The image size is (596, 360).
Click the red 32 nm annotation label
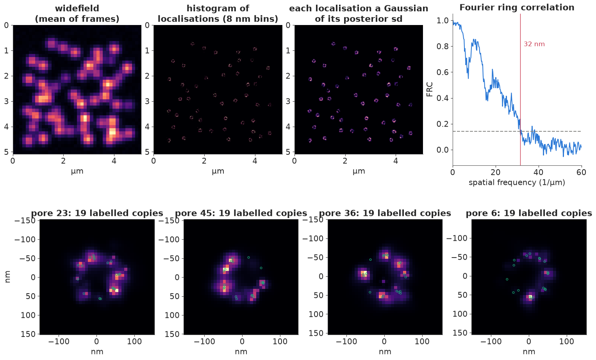click(534, 44)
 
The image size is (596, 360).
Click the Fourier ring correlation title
click(517, 7)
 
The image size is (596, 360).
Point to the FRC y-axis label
click(430, 89)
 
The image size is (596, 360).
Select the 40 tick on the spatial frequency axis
click(539, 172)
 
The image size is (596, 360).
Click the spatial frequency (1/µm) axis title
click(517, 183)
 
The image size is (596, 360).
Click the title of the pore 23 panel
click(97, 213)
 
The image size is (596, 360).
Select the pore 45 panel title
click(241, 213)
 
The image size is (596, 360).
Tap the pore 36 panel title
click(385, 213)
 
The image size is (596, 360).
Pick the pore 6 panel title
click(529, 213)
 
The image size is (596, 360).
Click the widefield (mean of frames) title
click(77, 14)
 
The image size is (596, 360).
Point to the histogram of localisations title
click(218, 14)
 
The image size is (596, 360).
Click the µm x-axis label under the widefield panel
click(77, 171)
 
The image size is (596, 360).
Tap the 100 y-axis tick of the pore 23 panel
click(30, 315)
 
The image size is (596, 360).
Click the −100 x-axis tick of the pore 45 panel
click(204, 342)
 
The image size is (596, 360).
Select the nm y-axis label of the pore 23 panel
click(8, 277)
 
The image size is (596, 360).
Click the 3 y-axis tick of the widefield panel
click(6, 102)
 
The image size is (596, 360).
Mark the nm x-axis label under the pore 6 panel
click(529, 352)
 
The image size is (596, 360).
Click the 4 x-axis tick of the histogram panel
click(255, 161)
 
